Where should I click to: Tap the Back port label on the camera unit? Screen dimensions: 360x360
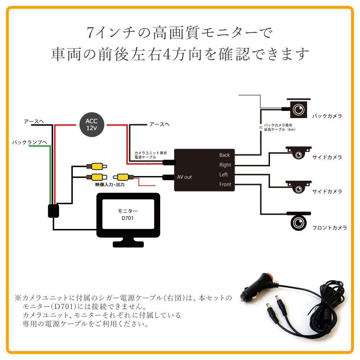click(224, 155)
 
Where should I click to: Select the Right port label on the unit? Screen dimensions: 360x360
click(225, 165)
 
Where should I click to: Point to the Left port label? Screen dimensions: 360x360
click(224, 175)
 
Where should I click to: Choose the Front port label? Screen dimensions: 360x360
click(225, 184)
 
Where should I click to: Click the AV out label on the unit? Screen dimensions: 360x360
click(184, 177)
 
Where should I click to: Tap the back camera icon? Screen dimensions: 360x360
click(298, 108)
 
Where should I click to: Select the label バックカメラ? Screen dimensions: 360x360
click(327, 116)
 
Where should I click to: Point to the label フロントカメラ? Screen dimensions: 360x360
click(329, 228)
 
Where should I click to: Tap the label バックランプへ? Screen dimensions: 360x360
click(30, 143)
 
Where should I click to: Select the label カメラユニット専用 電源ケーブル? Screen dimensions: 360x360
click(145, 155)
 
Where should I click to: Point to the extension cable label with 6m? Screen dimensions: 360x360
click(279, 127)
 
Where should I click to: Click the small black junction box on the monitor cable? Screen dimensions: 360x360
click(53, 211)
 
